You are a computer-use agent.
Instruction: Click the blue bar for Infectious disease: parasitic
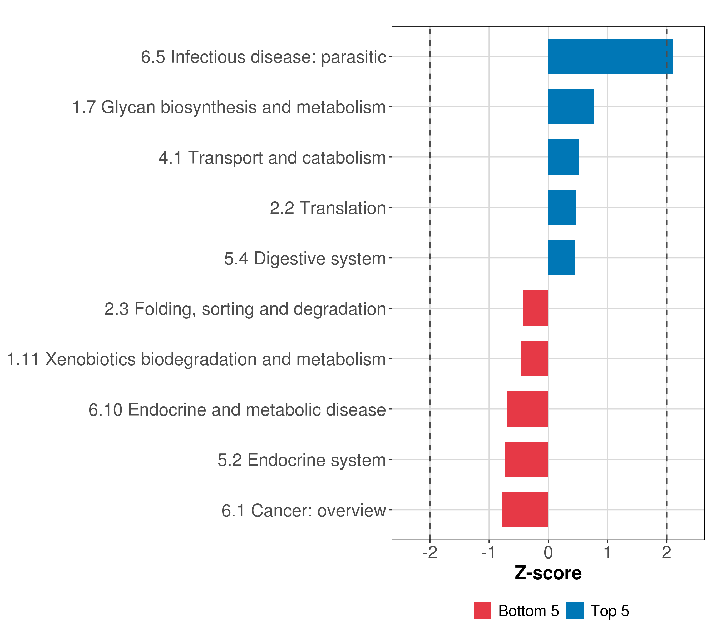coord(610,56)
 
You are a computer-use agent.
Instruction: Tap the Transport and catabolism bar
coord(563,157)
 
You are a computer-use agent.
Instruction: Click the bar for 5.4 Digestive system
coord(561,258)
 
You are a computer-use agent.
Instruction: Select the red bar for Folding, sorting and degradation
coord(535,308)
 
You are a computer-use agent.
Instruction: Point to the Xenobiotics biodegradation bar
coord(535,359)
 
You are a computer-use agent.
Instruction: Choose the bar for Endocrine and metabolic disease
coord(527,409)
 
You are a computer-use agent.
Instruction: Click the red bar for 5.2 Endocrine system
coord(527,460)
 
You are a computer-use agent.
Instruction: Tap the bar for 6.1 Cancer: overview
coord(525,510)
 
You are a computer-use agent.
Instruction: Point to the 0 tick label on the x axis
coord(548,553)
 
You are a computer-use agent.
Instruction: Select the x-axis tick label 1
coord(607,553)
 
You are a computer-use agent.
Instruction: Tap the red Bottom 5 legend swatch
coord(482,610)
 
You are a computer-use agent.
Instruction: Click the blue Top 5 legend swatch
coord(575,610)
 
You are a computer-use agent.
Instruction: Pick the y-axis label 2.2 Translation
coord(328,208)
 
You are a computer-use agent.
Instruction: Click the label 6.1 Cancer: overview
coord(303,511)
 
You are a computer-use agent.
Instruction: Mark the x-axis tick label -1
coord(488,553)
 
